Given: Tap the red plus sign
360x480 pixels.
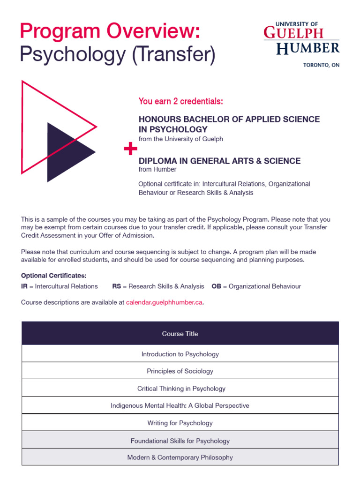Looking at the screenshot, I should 130,150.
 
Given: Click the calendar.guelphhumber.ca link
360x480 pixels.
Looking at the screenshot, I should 164,302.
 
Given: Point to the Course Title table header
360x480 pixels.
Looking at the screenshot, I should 180,334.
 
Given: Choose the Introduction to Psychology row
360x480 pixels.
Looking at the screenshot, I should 180,354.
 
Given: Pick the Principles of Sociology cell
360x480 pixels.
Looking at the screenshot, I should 180,371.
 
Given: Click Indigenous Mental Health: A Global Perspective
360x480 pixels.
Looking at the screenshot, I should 180,405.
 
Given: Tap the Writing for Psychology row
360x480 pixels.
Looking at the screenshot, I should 180,423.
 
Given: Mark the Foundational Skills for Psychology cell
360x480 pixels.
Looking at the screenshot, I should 180,441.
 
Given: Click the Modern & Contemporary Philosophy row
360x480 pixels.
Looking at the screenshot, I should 180,457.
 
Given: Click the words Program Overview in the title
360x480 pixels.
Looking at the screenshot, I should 110,31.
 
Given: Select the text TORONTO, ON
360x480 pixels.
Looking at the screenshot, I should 321,65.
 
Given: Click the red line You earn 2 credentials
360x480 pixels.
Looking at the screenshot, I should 180,101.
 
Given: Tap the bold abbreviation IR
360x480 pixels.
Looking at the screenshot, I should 24,286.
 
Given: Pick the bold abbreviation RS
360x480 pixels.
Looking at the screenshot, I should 117,286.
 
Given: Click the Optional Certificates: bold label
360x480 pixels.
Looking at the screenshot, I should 54,276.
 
